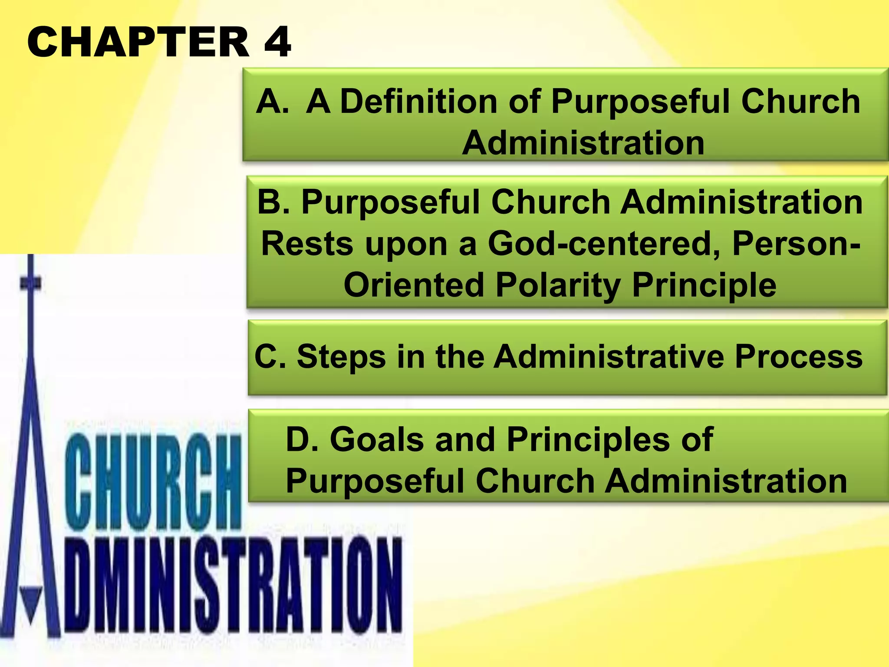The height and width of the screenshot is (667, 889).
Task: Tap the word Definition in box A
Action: click(418, 102)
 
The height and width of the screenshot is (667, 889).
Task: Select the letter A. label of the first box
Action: click(273, 102)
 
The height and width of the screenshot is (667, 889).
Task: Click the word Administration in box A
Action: click(583, 143)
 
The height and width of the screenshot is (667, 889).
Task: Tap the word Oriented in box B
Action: click(414, 285)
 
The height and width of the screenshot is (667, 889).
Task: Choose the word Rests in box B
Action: click(307, 244)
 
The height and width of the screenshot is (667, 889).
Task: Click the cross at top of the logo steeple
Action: click(30, 283)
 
